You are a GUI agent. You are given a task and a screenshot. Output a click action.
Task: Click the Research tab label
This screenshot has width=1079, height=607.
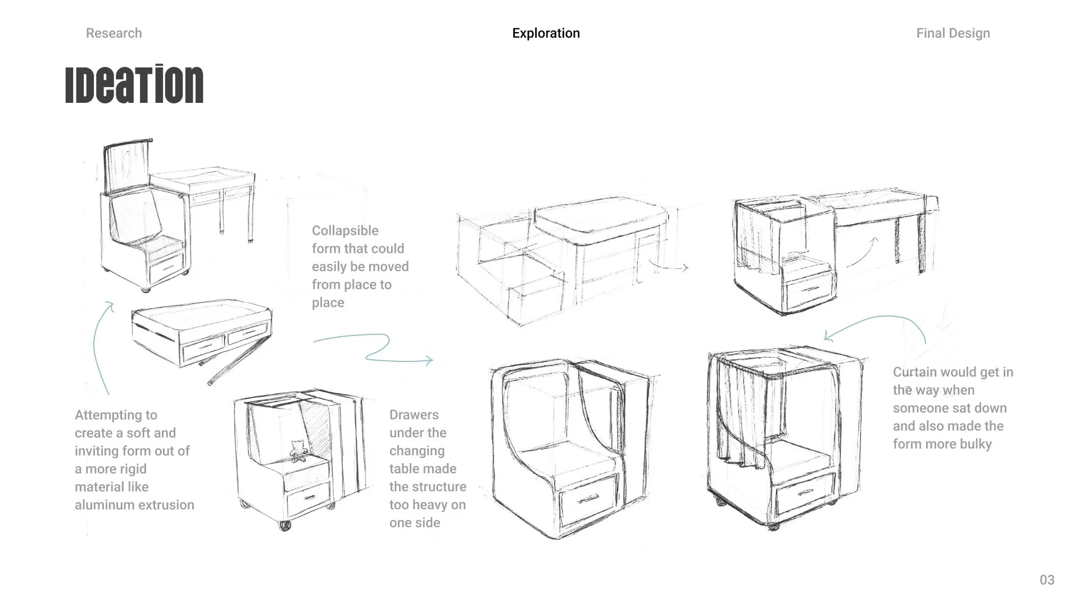(x=114, y=33)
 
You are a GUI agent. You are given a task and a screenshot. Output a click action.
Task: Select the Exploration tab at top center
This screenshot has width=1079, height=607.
(x=546, y=33)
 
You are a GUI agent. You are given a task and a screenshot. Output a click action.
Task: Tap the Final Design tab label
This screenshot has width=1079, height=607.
(x=953, y=33)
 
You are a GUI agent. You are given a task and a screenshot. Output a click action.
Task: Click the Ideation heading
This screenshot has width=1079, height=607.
(x=134, y=85)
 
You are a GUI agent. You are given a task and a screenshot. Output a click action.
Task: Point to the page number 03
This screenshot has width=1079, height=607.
(x=1046, y=580)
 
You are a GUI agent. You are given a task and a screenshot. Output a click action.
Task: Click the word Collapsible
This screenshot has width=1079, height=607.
(x=345, y=231)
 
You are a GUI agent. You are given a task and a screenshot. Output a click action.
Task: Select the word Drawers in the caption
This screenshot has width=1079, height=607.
(x=414, y=415)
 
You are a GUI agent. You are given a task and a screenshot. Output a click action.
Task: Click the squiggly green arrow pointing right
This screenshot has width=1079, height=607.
(x=374, y=348)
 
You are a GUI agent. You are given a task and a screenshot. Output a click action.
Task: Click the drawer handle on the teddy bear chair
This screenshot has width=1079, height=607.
(x=309, y=497)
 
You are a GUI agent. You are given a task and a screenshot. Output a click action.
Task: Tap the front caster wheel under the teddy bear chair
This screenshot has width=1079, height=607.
(x=285, y=525)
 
